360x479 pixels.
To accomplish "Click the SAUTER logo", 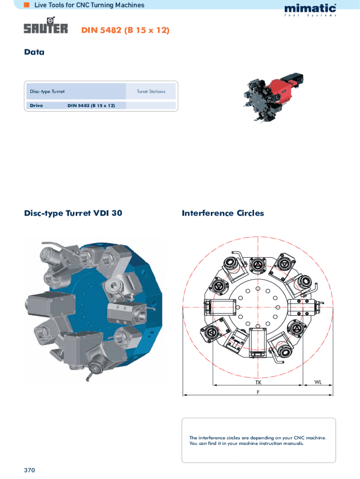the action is (x=46, y=25).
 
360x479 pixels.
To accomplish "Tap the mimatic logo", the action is (x=310, y=10).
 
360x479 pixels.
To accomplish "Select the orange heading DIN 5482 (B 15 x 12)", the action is (x=125, y=30).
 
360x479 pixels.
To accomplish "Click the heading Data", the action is (x=34, y=52).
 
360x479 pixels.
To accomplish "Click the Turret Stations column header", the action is (x=151, y=91).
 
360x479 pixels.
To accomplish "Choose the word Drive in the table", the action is (x=36, y=105).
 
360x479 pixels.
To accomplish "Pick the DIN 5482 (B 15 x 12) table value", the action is (x=91, y=105).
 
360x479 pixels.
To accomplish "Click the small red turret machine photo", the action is (x=273, y=96).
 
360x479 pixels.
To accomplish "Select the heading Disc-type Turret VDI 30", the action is (x=73, y=213).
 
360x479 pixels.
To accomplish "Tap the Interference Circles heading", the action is (x=223, y=213).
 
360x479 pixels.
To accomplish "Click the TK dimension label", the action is (x=259, y=382).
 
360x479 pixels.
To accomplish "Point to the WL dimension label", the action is (x=318, y=382).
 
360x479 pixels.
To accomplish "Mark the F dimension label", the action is (x=258, y=392).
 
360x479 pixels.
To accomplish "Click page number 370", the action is (x=29, y=470).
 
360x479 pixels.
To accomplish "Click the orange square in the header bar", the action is (x=27, y=5).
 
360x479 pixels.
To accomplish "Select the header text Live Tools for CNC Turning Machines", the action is (x=89, y=5).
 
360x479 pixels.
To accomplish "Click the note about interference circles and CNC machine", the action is (x=258, y=441).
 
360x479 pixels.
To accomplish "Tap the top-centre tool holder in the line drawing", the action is (x=258, y=266).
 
